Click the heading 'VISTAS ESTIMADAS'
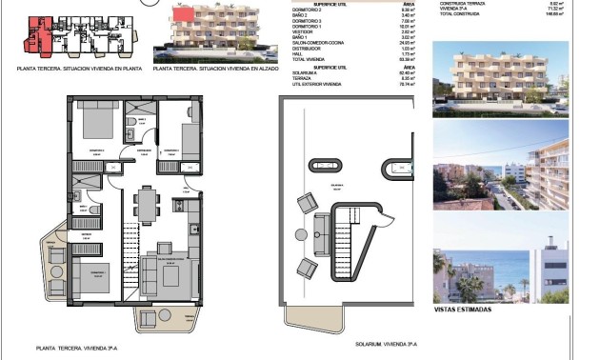(462, 310)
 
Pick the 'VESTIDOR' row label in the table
(305, 31)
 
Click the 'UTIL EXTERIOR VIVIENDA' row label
(317, 85)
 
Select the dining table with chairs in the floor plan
(147, 201)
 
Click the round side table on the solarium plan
(298, 234)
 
